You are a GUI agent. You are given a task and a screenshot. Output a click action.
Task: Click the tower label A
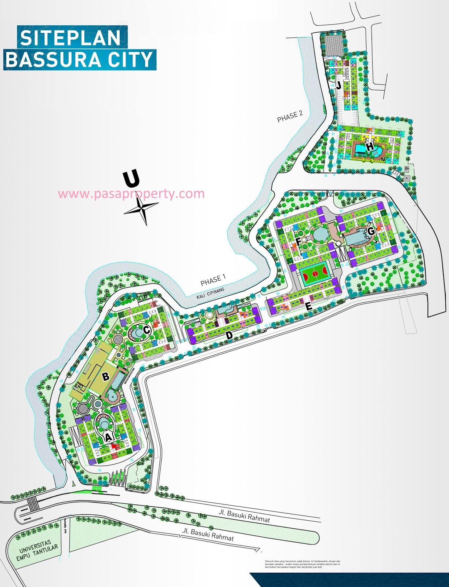pos(108,437)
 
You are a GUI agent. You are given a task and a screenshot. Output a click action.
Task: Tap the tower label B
pos(106,376)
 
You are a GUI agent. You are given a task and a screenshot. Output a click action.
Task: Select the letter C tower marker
pos(146,330)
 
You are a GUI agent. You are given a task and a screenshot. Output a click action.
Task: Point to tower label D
pos(229,335)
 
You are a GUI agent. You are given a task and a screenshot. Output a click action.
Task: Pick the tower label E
pos(309,307)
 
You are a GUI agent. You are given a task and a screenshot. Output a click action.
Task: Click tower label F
pos(298,241)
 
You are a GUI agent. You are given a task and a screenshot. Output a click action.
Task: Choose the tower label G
pos(371,231)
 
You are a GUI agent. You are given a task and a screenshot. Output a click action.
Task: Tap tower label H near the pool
pos(370,146)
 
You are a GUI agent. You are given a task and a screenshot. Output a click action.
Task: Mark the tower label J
pos(338,86)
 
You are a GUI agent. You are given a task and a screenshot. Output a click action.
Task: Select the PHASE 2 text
pos(290,116)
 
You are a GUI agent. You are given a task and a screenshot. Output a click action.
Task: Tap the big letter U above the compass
pos(131,179)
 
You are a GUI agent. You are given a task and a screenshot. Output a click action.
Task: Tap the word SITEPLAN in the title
pos(70,38)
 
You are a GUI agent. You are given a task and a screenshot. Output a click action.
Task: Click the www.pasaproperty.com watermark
pos(131,194)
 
